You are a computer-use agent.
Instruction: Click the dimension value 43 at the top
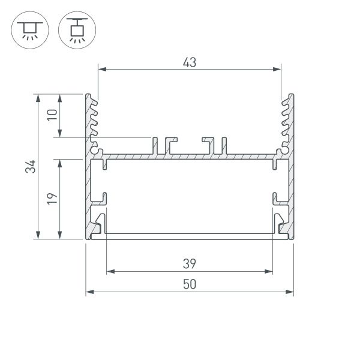pos(190,61)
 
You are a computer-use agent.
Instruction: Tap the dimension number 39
pos(190,263)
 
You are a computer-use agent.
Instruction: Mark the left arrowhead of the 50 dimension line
pos(89,292)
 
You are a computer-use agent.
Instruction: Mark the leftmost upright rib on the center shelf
pos(154,145)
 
